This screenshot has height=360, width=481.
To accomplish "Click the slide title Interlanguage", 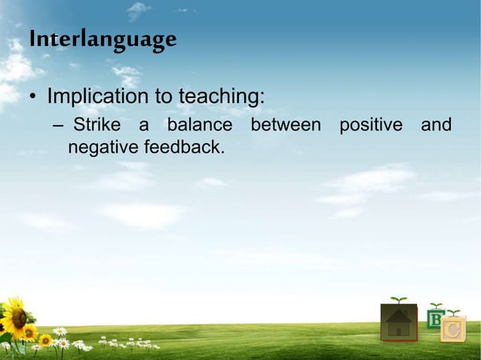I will pyautogui.click(x=103, y=38).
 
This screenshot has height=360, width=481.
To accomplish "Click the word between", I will pyautogui.click(x=286, y=124).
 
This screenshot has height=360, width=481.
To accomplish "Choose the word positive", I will pyautogui.click(x=371, y=124).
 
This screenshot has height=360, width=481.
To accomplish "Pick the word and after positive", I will pyautogui.click(x=437, y=124).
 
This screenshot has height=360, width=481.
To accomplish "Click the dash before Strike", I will pyautogui.click(x=58, y=124).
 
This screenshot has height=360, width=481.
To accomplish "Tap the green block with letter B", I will pyautogui.click(x=435, y=320).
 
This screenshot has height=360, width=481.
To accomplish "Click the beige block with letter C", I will pyautogui.click(x=453, y=330).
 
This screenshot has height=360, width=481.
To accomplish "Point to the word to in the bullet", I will pyautogui.click(x=164, y=98).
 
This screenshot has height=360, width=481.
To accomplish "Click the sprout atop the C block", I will pyautogui.click(x=453, y=313).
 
